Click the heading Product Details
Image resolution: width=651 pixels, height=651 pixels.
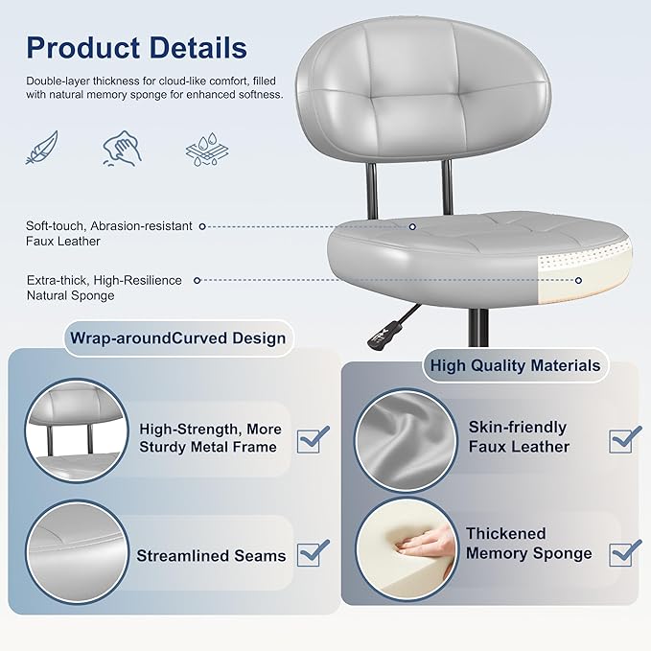point(136,47)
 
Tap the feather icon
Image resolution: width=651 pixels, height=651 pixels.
point(42,147)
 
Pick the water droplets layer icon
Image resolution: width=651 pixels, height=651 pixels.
point(202,149)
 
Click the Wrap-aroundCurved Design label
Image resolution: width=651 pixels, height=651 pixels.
point(176,337)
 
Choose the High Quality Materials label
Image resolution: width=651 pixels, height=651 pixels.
point(515,365)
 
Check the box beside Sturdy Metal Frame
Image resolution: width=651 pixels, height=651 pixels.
point(313,439)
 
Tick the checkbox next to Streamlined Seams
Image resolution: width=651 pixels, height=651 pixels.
point(313,553)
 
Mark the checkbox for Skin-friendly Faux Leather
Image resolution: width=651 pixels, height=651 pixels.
point(625,438)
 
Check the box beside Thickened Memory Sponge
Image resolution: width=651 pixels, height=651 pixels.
point(625,551)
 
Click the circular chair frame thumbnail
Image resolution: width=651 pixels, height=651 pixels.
point(77,429)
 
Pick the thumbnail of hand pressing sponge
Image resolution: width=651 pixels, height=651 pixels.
point(406,549)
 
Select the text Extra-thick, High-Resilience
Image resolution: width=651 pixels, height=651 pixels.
point(104,280)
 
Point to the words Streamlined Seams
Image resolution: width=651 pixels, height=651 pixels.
point(211,556)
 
